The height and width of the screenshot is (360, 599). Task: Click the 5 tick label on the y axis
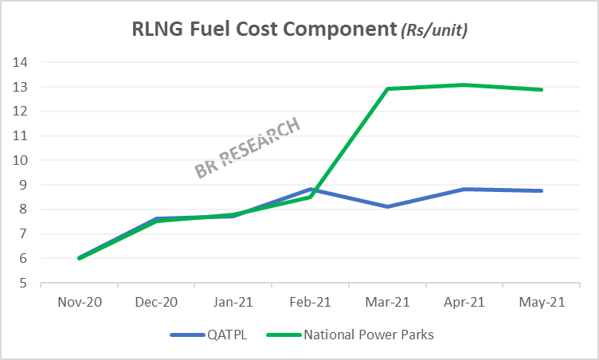(x=23, y=284)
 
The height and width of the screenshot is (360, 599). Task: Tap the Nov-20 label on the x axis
(x=79, y=303)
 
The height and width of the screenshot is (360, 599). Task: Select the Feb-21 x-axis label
(x=310, y=303)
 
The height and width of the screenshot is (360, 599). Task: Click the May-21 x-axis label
(x=542, y=303)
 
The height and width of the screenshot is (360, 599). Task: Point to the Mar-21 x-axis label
(x=387, y=303)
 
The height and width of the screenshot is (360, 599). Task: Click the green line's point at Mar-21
(x=387, y=88)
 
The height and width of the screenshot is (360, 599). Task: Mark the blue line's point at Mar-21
(x=387, y=207)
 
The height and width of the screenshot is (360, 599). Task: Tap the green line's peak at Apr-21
(x=464, y=85)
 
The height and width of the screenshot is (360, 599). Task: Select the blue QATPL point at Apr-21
(x=464, y=190)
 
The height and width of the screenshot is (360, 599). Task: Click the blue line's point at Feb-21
(x=310, y=190)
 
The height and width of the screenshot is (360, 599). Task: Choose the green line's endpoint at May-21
(x=542, y=89)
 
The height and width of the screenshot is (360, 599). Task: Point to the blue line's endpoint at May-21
(x=542, y=191)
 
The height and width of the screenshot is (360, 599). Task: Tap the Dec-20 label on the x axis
(x=156, y=303)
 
